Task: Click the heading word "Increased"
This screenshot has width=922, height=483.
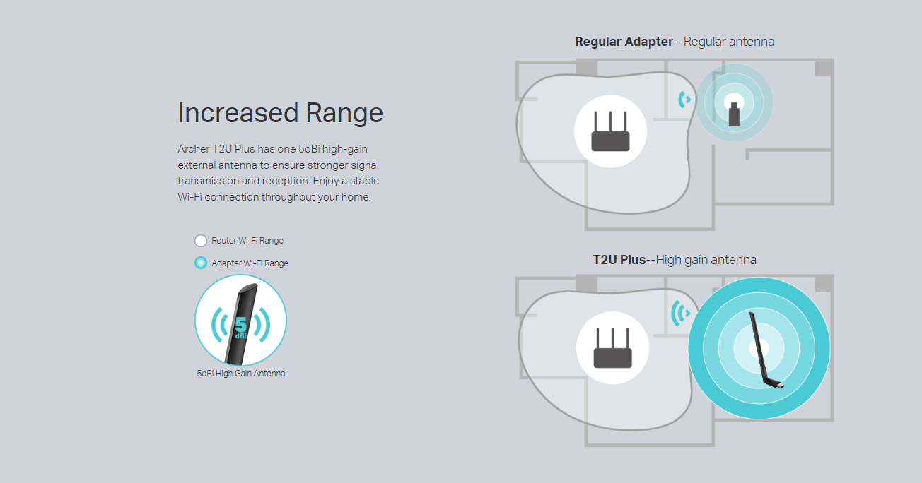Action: coord(238,113)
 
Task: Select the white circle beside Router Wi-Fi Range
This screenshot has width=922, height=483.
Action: coord(201,241)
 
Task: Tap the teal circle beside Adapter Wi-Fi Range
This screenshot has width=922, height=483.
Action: coord(201,263)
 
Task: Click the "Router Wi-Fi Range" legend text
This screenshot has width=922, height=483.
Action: coord(247,241)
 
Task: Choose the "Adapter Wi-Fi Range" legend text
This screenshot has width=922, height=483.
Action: coord(250,263)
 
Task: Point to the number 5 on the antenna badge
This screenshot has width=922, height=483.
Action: coord(241,325)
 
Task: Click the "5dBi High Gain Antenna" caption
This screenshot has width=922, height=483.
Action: coord(241,374)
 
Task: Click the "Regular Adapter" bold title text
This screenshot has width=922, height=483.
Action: coord(624,42)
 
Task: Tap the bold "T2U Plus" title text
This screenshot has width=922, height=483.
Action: coord(619,260)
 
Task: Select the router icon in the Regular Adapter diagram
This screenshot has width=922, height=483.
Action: coord(610,131)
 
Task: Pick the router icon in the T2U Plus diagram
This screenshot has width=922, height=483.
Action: coord(612,347)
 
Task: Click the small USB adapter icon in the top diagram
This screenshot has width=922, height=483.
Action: coord(735,114)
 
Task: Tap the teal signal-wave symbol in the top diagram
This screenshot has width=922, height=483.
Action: coord(684,100)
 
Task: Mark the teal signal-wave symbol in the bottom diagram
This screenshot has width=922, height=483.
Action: coord(680,314)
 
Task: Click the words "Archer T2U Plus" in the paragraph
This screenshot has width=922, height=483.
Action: coord(216,149)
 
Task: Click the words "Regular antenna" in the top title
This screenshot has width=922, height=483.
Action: coord(729,42)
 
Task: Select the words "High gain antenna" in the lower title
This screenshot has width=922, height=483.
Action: coord(706,260)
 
